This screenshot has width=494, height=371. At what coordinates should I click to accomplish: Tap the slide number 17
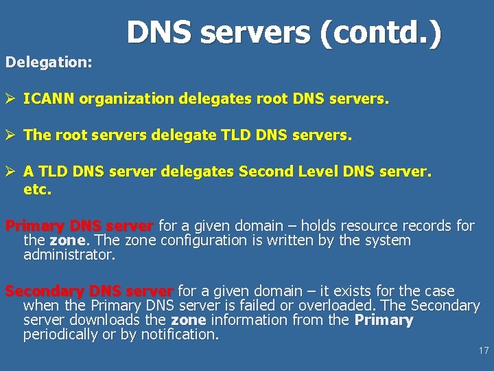(484, 351)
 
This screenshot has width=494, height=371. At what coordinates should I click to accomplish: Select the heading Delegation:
(49, 62)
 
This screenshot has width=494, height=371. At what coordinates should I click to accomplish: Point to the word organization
(127, 99)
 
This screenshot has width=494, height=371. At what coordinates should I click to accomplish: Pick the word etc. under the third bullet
(37, 189)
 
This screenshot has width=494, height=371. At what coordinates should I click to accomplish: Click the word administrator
(69, 255)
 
